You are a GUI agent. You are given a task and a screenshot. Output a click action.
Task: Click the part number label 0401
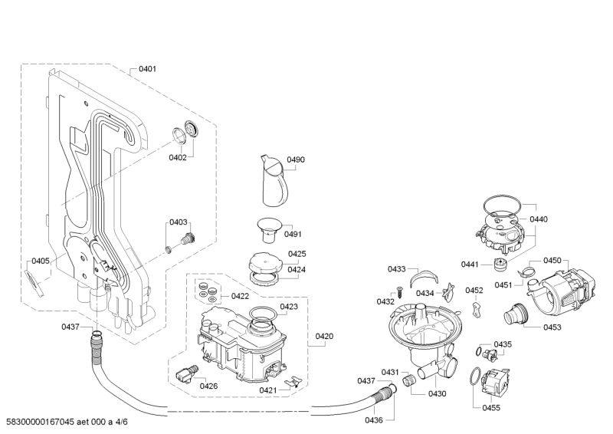tap(148, 69)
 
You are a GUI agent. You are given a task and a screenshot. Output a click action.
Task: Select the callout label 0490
tap(296, 159)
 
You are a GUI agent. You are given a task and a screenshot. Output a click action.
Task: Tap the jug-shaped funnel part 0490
tap(275, 183)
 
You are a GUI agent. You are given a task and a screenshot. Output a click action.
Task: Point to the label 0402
tap(178, 157)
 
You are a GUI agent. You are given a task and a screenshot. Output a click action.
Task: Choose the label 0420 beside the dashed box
tap(325, 336)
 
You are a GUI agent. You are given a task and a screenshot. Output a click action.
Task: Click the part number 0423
tap(289, 306)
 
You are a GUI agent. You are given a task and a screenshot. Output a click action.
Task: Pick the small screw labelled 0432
tap(398, 291)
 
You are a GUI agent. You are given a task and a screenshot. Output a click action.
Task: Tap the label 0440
tap(539, 219)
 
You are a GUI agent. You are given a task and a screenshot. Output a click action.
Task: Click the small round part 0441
tap(503, 265)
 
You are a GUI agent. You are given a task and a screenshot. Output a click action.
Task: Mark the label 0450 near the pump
tap(552, 260)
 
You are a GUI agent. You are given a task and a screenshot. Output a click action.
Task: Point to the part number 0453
tap(552, 327)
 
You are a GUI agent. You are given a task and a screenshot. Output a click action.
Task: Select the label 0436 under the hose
tap(374, 420)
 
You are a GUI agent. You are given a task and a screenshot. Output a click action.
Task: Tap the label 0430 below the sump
tap(437, 393)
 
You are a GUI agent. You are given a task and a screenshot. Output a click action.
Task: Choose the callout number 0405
tap(41, 261)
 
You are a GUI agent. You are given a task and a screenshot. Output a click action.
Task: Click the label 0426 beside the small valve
tap(208, 386)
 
